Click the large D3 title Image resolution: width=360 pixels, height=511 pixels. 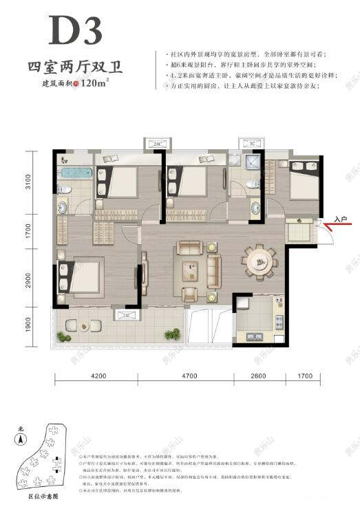coord(75,31)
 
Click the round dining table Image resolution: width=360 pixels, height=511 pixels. coord(260,261)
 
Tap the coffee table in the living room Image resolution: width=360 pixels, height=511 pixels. coord(191,265)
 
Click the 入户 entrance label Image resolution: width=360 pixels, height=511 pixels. coord(341,218)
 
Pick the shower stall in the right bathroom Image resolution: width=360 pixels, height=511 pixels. coord(253,164)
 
